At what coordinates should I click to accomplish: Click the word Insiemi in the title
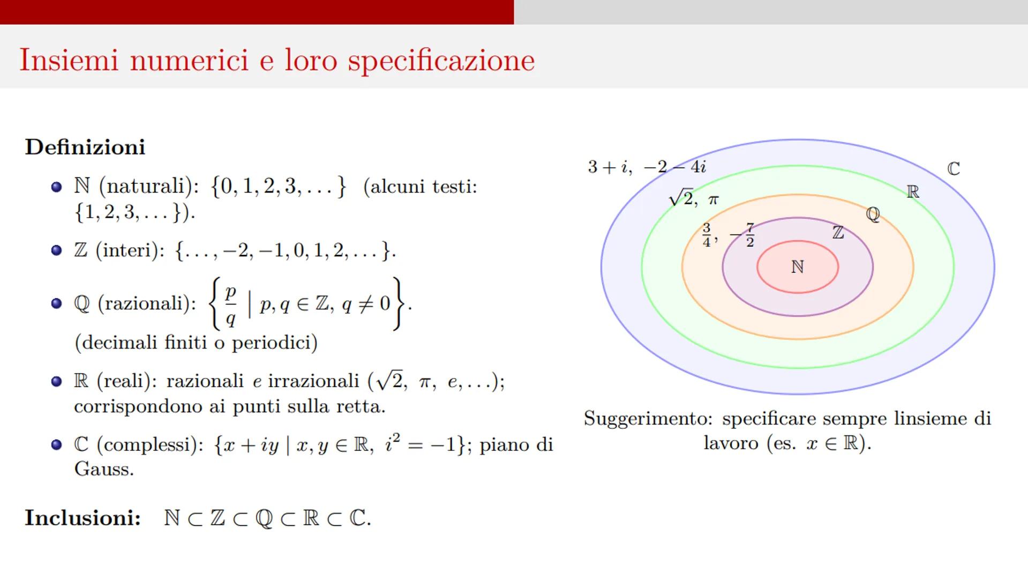coord(69,60)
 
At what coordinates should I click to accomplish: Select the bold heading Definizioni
coord(85,147)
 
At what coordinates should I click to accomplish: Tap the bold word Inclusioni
coord(82,518)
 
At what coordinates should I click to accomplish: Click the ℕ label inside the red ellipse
coord(797,266)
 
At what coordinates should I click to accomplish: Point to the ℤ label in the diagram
coord(838,233)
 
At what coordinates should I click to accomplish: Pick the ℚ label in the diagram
coord(873,214)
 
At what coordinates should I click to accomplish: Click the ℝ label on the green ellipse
coord(913,191)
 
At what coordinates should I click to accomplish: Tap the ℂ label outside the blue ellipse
coord(954,169)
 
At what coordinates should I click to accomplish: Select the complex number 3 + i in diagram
coord(609,167)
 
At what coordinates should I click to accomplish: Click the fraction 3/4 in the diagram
coord(707,235)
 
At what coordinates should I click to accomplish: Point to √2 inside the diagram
coord(681,198)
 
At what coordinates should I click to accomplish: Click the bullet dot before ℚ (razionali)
coord(56,303)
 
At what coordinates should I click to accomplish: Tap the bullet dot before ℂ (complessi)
coord(56,444)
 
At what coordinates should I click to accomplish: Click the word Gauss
coord(103,470)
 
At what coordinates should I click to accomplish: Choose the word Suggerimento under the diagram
coord(648,419)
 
